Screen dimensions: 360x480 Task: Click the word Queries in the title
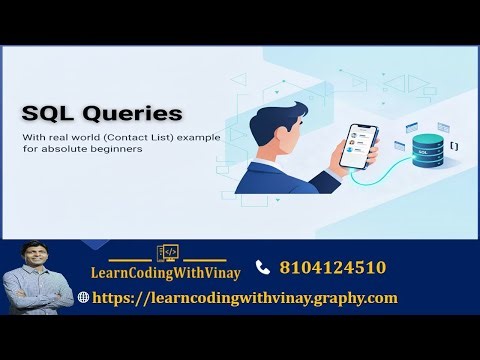pos(133,114)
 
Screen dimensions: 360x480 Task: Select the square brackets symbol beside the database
pos(455,146)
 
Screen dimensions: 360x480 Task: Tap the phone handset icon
pos(263,267)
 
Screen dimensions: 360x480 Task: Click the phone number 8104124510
pos(333,267)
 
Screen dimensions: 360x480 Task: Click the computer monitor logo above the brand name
pos(167,254)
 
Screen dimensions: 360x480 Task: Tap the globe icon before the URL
pos(83,298)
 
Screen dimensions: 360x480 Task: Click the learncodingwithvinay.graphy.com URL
pos(245,297)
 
